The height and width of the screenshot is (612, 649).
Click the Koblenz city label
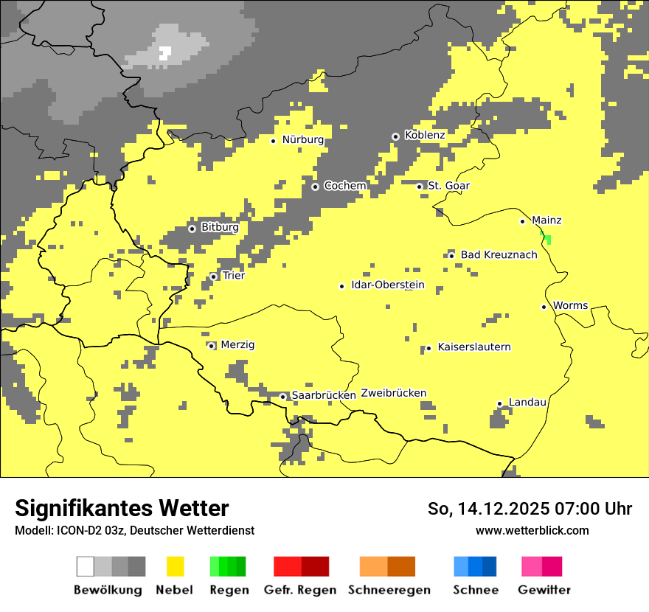pyautogui.click(x=425, y=136)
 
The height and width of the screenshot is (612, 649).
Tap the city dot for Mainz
pyautogui.click(x=522, y=221)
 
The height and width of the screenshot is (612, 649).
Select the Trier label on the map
pyautogui.click(x=233, y=276)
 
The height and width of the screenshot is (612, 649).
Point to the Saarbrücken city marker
pyautogui.click(x=282, y=397)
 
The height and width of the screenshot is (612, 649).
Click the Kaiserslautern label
pyautogui.click(x=474, y=347)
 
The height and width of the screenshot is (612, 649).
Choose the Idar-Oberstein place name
pyautogui.click(x=388, y=285)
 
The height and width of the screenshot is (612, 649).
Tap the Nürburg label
pyautogui.click(x=303, y=139)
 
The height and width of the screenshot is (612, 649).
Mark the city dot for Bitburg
pyautogui.click(x=192, y=229)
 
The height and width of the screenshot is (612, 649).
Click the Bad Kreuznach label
pyautogui.click(x=499, y=255)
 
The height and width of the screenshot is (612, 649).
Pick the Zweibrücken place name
pyautogui.click(x=394, y=393)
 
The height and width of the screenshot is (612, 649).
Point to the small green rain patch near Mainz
pyautogui.click(x=547, y=238)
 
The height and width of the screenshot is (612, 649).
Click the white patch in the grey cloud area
pyautogui.click(x=165, y=52)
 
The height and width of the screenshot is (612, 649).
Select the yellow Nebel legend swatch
pyautogui.click(x=176, y=566)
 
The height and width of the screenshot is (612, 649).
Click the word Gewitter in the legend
pyautogui.click(x=544, y=590)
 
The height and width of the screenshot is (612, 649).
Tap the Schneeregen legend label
pyautogui.click(x=389, y=590)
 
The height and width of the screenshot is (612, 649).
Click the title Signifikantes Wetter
pyautogui.click(x=122, y=509)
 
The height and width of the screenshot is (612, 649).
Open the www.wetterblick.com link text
pyautogui.click(x=532, y=530)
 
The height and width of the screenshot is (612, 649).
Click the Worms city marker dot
pyautogui.click(x=544, y=307)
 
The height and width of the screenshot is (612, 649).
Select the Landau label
pyautogui.click(x=527, y=403)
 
